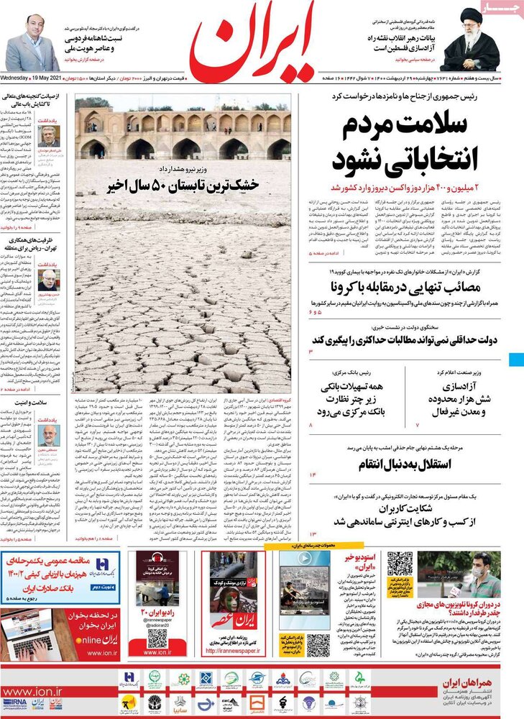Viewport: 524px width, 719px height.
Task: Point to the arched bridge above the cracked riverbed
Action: tap(183, 133)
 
